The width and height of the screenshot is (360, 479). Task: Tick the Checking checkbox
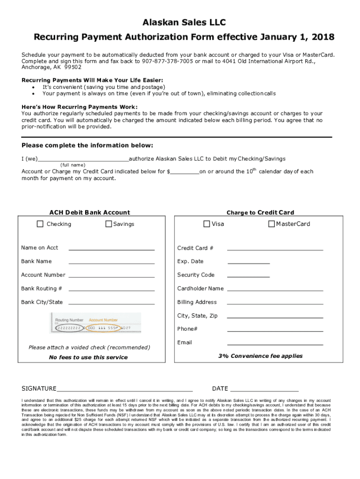(40, 224)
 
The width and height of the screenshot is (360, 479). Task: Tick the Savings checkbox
(108, 224)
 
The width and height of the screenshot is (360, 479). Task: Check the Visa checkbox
(207, 224)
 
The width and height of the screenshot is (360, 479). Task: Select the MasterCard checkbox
(271, 224)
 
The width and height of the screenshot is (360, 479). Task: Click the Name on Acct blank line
(111, 248)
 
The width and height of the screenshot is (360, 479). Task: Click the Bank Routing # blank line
(111, 289)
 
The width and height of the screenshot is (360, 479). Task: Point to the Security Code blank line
(248, 276)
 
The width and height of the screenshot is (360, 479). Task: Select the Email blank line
(275, 343)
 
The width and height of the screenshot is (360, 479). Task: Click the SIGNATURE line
(124, 389)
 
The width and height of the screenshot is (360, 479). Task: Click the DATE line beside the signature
(264, 389)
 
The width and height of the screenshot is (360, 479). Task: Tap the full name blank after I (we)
(83, 159)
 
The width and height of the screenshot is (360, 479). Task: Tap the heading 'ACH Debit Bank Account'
(90, 212)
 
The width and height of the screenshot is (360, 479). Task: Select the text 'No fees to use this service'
(88, 357)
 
